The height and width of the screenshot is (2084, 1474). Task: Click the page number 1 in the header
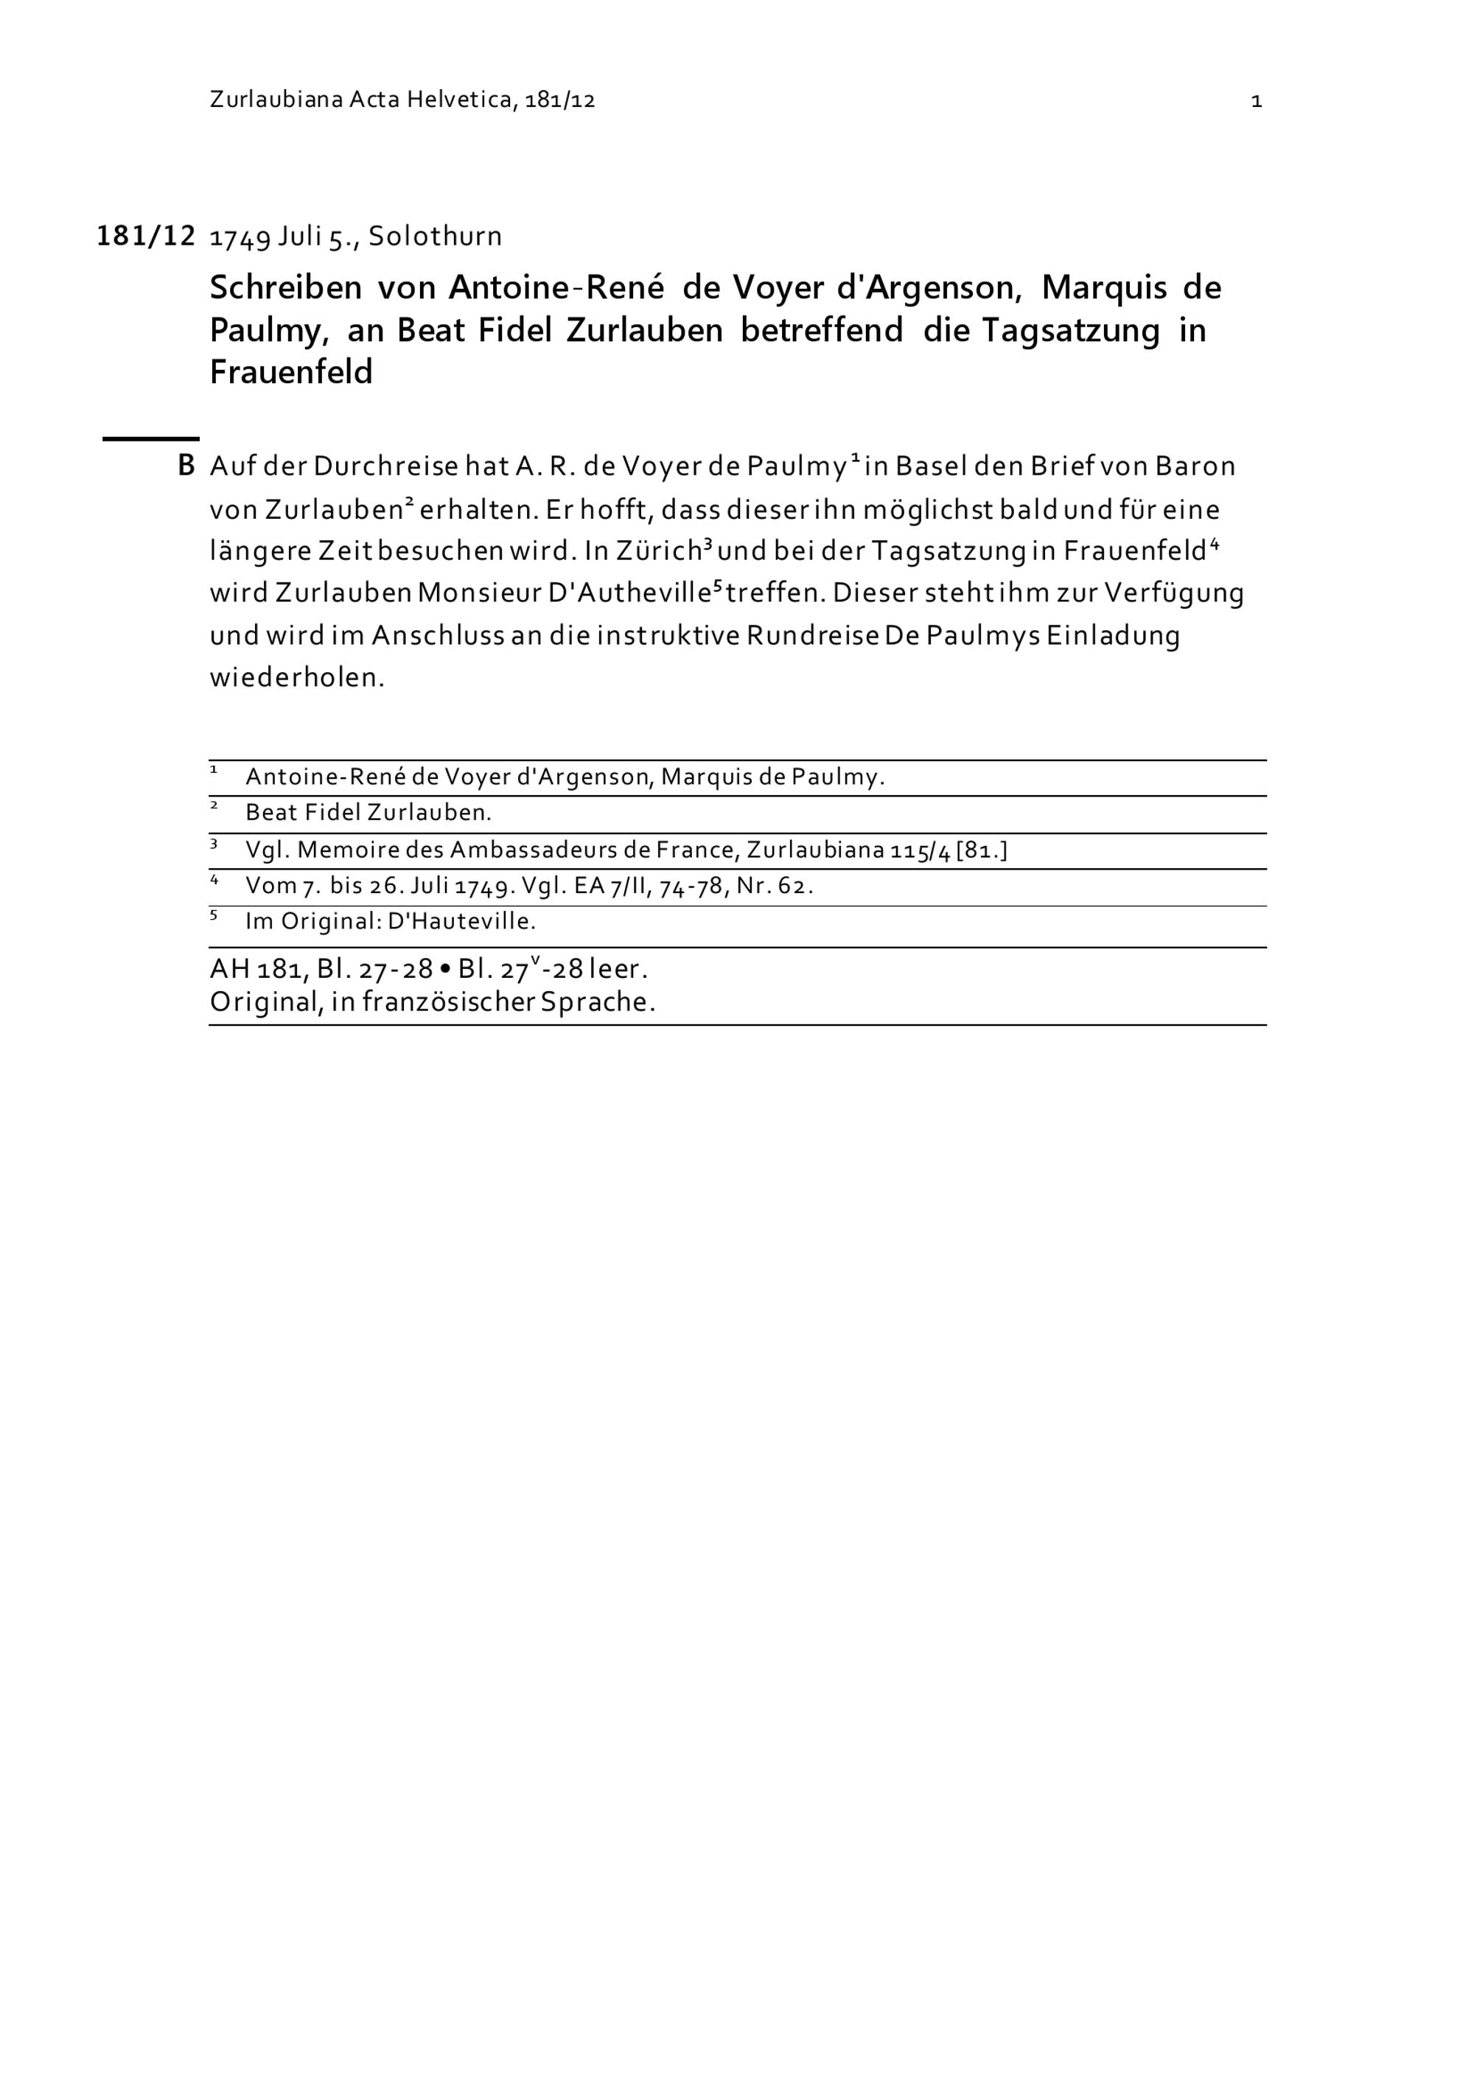pyautogui.click(x=1256, y=102)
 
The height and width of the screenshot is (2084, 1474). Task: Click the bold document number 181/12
pyautogui.click(x=146, y=236)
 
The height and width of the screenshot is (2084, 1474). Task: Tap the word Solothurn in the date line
pyautogui.click(x=435, y=237)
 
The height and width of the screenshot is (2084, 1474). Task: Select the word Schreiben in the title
pyautogui.click(x=285, y=289)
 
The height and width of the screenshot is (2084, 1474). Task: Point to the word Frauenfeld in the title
pyautogui.click(x=291, y=372)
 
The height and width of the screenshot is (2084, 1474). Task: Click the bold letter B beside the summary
pyautogui.click(x=186, y=466)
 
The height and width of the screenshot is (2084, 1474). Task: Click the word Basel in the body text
pyautogui.click(x=924, y=466)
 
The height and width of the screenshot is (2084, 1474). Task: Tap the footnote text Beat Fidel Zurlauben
pyautogui.click(x=368, y=814)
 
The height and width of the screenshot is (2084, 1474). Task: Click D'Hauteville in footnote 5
pyautogui.click(x=461, y=922)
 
